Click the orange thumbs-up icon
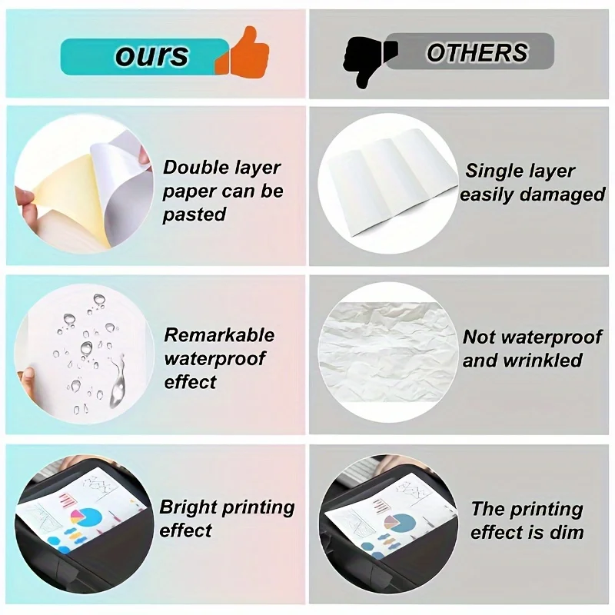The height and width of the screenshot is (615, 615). tap(245, 51)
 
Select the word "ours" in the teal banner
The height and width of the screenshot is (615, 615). tap(151, 55)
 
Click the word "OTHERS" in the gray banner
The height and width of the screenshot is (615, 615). tap(477, 52)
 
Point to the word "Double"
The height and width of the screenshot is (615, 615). tap(196, 168)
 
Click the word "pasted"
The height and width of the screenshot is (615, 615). tap(194, 215)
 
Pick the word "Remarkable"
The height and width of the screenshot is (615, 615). tap(219, 335)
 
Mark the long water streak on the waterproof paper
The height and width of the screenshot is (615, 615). tap(118, 379)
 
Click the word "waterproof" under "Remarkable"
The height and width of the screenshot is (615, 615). tap(214, 359)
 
